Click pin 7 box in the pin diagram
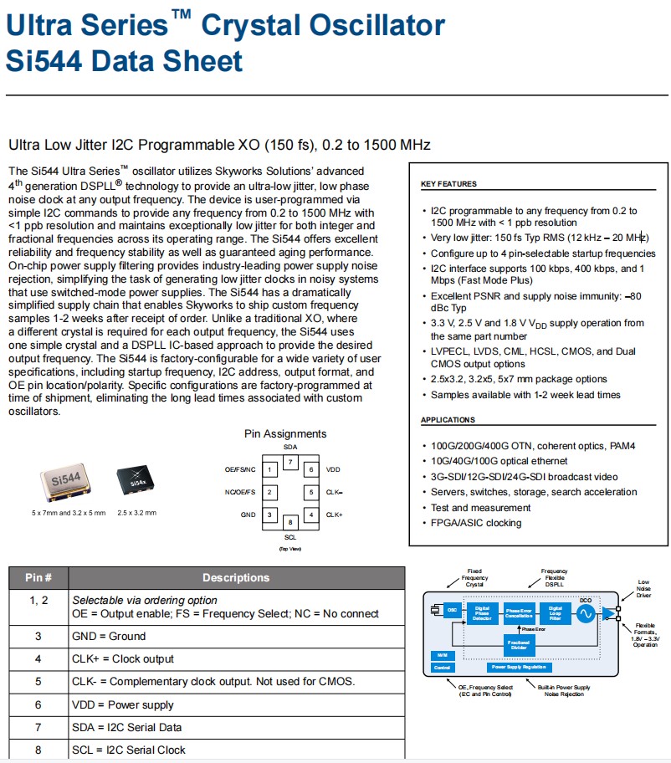pos(289,462)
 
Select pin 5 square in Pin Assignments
pos(310,493)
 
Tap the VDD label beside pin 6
pos(333,470)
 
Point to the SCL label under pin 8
pos(290,536)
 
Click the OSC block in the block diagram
pos(451,610)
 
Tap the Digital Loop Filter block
pos(555,613)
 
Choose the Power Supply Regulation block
pos(519,667)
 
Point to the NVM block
pos(443,655)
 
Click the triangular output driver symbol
pos(608,614)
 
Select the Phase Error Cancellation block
pos(519,613)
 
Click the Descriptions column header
pos(236,577)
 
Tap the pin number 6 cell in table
pos(38,704)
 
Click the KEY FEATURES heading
pos(448,184)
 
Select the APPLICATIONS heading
pos(448,420)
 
